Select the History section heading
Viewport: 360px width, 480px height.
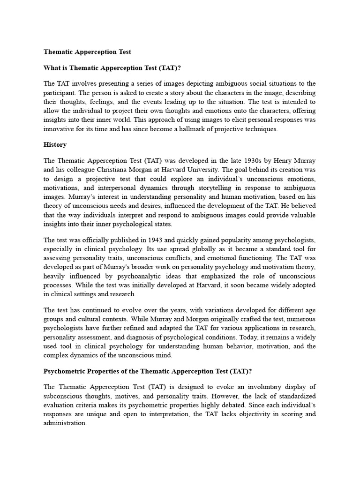pos(55,145)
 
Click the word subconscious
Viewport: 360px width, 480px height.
pos(63,396)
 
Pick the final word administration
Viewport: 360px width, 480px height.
pos(65,423)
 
